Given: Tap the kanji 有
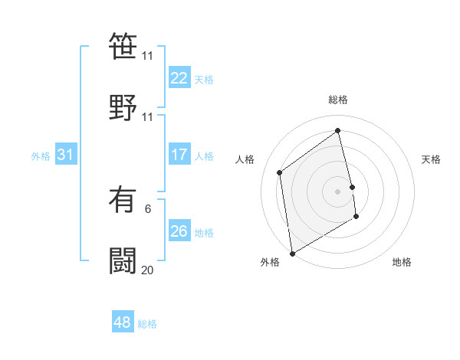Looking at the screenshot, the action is click(123, 201).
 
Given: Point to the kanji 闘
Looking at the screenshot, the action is click(123, 260).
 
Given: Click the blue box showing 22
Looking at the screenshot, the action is click(179, 78).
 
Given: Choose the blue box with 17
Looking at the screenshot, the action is click(179, 155).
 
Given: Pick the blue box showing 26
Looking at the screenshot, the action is click(179, 231).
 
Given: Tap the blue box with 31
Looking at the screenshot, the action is click(65, 155).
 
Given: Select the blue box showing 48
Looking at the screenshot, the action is click(122, 322).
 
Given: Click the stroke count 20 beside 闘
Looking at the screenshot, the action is click(147, 270).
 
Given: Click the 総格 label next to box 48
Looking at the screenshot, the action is click(147, 324).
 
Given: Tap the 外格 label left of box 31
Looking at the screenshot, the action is click(41, 156).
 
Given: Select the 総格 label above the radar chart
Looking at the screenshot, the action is click(338, 100).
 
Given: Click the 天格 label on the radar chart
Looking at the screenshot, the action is click(432, 159).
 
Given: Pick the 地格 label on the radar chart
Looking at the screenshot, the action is click(402, 262).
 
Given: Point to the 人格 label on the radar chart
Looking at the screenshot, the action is click(245, 159).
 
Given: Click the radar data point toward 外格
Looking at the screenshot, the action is click(292, 253).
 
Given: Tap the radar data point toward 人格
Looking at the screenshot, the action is click(280, 172).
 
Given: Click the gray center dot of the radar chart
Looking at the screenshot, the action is click(338, 191).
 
